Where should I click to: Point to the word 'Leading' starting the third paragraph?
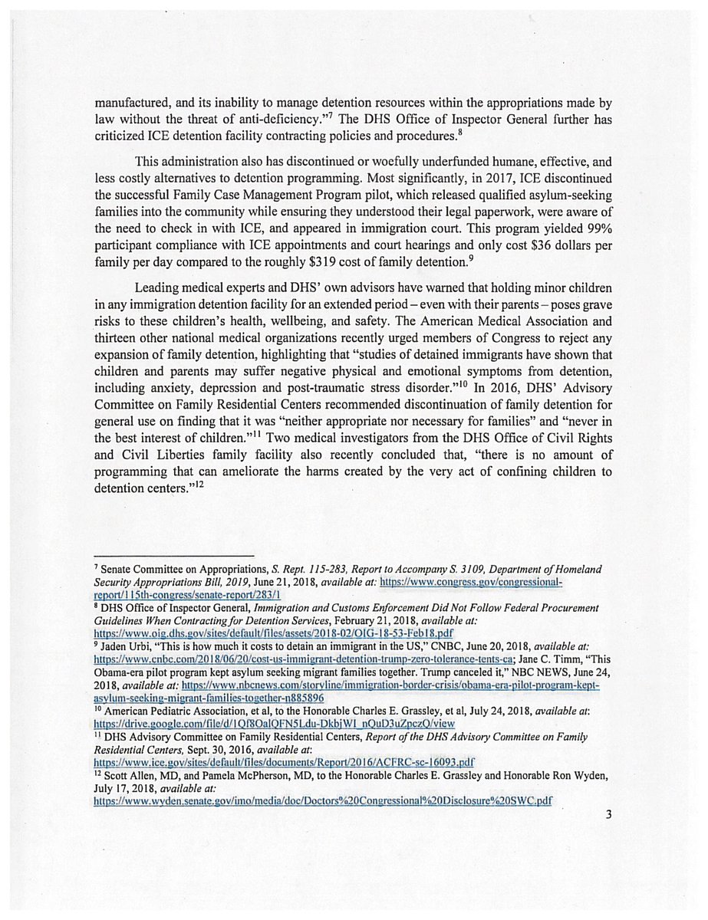160,287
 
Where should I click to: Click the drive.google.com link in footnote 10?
274,724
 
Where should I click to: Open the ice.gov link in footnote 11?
284,763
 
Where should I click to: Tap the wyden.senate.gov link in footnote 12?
322,801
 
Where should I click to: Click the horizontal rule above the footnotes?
173,555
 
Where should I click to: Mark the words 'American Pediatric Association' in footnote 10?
167,711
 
